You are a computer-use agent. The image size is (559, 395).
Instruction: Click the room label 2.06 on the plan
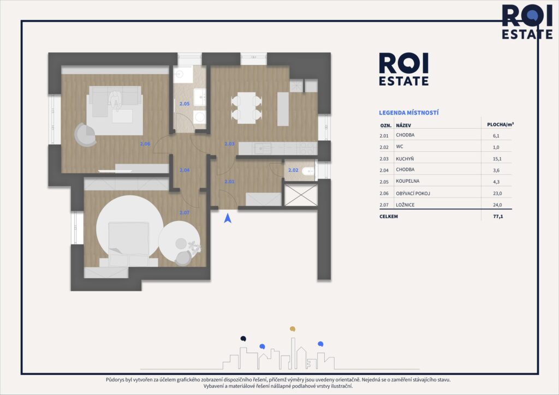tap(145, 144)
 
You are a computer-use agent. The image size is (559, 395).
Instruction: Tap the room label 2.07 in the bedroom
tap(185, 212)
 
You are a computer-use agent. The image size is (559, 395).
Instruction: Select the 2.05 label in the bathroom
tap(184, 104)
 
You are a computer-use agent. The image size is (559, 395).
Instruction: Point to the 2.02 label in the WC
tap(293, 170)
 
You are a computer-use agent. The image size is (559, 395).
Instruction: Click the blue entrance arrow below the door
tap(228, 218)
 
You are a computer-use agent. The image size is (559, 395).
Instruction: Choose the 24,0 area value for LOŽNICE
tap(497, 205)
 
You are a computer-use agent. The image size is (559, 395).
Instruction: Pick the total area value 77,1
tap(497, 217)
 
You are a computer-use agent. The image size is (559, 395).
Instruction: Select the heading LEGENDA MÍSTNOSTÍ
tap(409, 113)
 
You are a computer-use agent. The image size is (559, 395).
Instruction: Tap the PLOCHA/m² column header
tap(500, 124)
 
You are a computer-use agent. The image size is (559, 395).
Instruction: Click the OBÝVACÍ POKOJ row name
tap(417, 194)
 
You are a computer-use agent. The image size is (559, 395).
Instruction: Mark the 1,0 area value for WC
tap(497, 147)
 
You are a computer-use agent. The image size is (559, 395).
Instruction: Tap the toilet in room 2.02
tap(308, 170)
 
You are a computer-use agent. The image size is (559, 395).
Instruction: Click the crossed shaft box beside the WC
tap(301, 195)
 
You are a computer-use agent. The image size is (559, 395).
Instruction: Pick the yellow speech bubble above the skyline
tap(293, 329)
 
